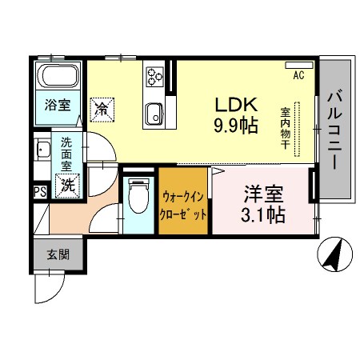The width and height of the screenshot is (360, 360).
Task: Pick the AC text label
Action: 298,77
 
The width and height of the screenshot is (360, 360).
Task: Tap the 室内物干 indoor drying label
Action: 285,128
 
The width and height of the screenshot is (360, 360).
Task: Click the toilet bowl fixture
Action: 139,194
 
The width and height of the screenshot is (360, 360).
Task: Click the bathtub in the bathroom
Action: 58,78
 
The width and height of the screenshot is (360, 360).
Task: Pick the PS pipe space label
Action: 39,191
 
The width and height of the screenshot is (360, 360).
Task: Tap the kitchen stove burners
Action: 154,78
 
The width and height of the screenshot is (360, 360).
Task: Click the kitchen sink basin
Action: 153,114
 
